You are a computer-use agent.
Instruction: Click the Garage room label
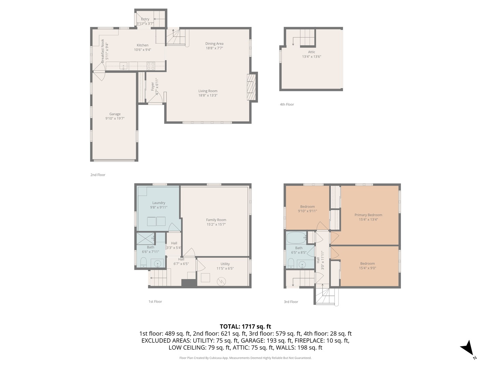pyautogui.click(x=115, y=114)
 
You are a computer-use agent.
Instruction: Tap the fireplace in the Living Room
pyautogui.click(x=251, y=87)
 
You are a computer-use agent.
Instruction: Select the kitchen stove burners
pyautogui.click(x=151, y=66)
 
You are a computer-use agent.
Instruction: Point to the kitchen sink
pyautogui.click(x=123, y=66)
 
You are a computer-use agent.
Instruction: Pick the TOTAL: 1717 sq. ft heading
pyautogui.click(x=245, y=326)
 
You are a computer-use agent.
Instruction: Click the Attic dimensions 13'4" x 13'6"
pyautogui.click(x=311, y=57)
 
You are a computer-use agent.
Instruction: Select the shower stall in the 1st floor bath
pyautogui.click(x=146, y=239)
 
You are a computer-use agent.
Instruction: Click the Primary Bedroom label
pyautogui.click(x=368, y=215)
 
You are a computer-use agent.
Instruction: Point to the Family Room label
pyautogui.click(x=216, y=220)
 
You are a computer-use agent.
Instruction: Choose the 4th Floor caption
pyautogui.click(x=287, y=104)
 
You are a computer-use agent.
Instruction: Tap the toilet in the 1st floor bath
pyautogui.click(x=143, y=262)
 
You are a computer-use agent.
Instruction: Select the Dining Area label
pyautogui.click(x=214, y=44)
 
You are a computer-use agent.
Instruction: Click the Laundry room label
pyautogui.click(x=159, y=203)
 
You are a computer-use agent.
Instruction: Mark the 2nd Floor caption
pyautogui.click(x=98, y=175)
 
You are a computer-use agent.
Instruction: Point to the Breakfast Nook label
pyautogui.click(x=102, y=51)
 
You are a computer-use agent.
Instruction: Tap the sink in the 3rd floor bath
pyautogui.click(x=302, y=264)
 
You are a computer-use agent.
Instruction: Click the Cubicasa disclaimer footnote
pyautogui.click(x=245, y=358)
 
